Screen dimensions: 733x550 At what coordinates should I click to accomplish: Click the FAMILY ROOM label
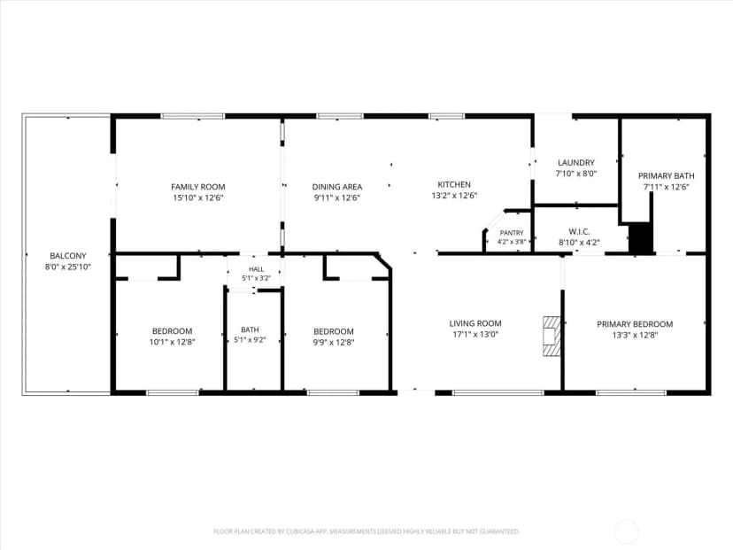(x=198, y=187)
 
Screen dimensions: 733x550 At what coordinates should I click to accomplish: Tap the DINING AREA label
(x=337, y=187)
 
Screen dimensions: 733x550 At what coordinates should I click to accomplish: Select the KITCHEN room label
(x=454, y=185)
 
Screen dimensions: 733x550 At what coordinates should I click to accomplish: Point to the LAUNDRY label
(x=576, y=163)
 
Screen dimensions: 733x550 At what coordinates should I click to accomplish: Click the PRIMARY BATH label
(x=666, y=176)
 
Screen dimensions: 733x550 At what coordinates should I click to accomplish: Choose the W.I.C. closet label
(x=579, y=231)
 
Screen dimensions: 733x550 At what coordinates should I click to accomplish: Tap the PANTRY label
(x=512, y=233)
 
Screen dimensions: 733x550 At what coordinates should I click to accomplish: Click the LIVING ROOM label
(x=475, y=323)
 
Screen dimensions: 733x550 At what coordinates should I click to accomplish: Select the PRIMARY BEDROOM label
(x=635, y=324)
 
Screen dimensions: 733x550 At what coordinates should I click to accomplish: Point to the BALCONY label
(x=68, y=256)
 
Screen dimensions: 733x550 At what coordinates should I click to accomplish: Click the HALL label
(x=256, y=269)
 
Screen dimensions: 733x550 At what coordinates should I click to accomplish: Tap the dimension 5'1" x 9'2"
(x=251, y=340)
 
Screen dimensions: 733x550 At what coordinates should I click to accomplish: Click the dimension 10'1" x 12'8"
(x=172, y=342)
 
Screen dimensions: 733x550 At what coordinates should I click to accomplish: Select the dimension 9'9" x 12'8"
(x=334, y=343)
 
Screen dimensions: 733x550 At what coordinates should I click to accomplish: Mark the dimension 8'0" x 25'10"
(x=68, y=267)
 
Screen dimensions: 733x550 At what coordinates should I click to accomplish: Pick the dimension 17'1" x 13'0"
(x=475, y=335)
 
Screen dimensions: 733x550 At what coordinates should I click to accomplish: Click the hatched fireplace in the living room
(x=552, y=337)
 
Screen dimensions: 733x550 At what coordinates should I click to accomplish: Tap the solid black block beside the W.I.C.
(x=640, y=238)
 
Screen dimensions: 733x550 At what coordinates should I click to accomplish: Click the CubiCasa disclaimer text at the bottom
(x=366, y=531)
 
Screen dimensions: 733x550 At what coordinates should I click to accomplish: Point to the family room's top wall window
(x=193, y=116)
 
